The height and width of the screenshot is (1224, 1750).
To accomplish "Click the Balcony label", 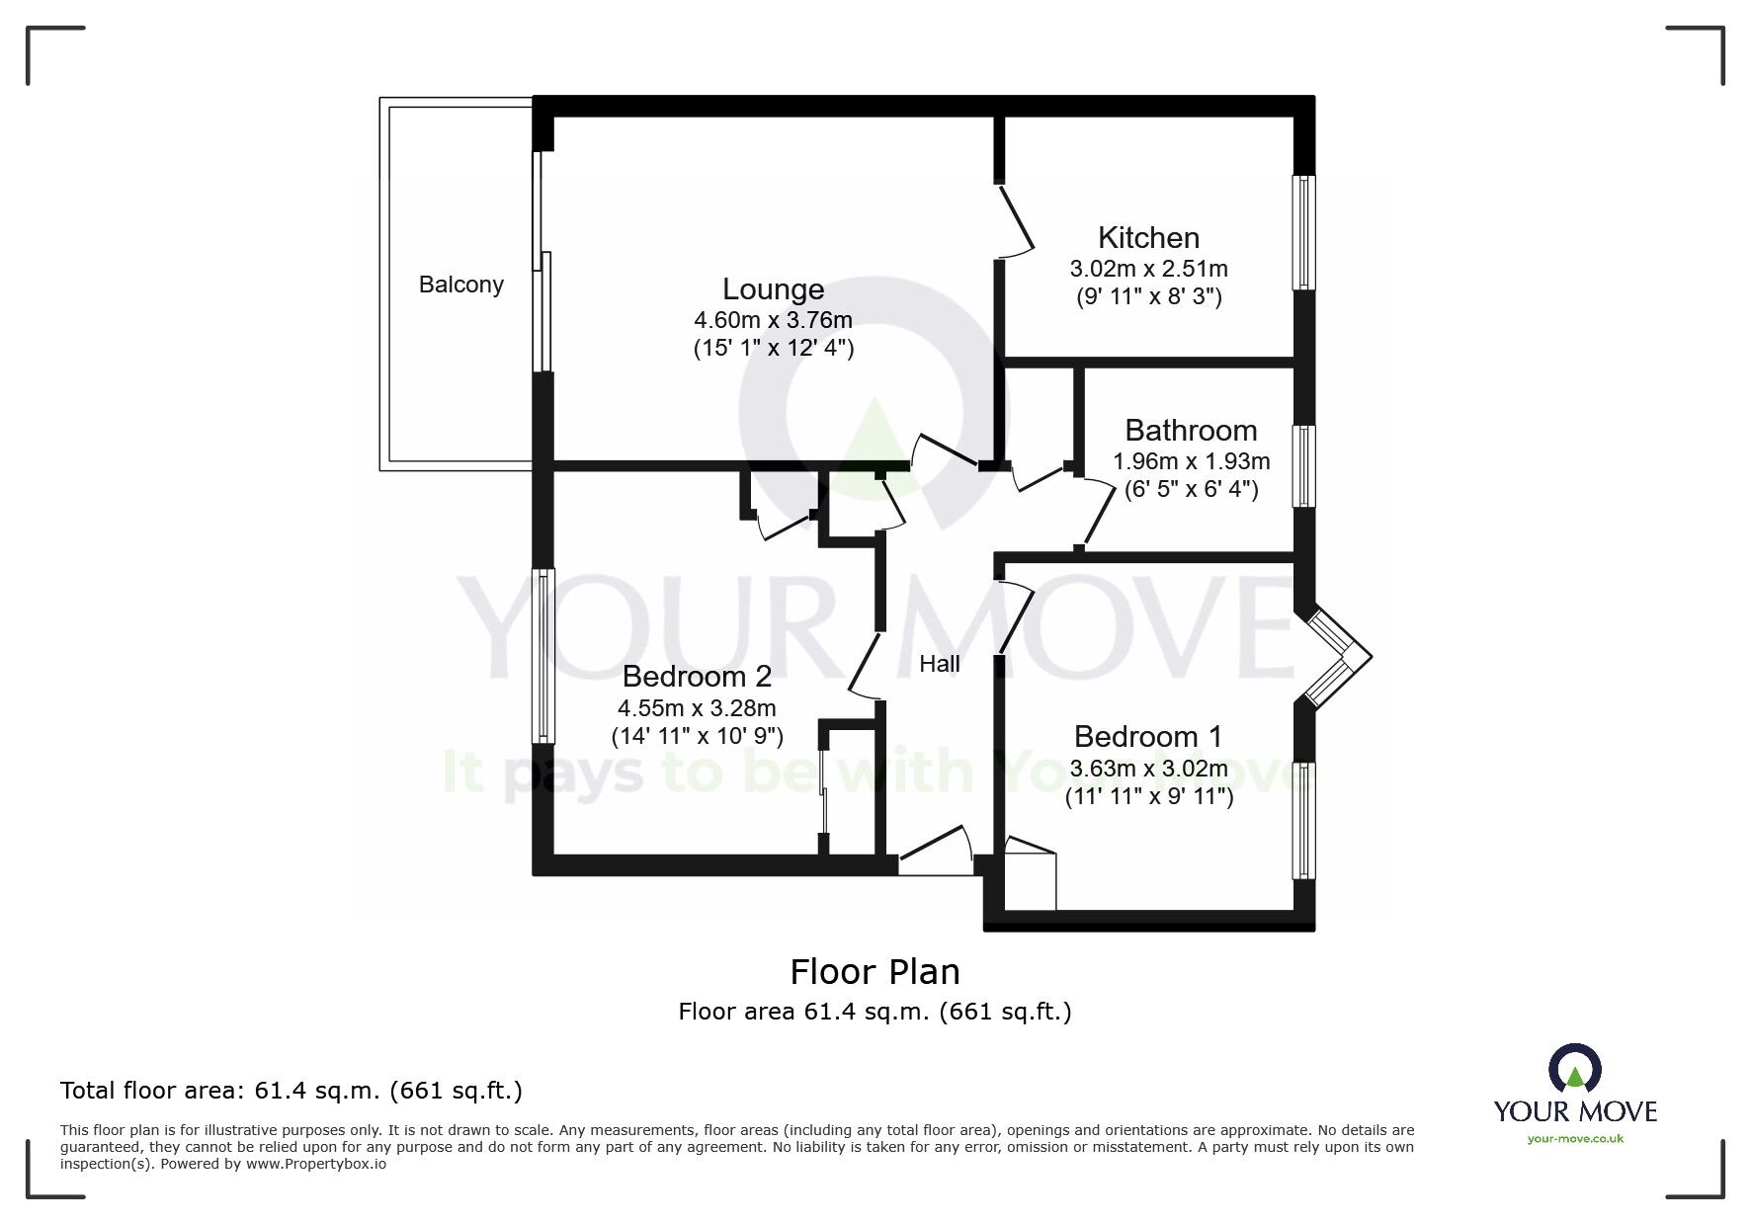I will [460, 285].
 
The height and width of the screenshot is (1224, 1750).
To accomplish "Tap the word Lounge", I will [773, 289].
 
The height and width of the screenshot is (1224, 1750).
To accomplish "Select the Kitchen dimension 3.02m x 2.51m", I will [1148, 269].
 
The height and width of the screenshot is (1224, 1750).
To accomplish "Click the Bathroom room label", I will [1191, 431].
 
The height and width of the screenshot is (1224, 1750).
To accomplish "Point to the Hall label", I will [939, 664].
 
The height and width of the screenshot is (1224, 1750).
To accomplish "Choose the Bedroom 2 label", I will [697, 677].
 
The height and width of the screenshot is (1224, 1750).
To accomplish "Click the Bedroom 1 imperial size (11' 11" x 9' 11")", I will [1148, 796].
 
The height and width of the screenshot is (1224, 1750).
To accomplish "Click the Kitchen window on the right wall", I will [1305, 233].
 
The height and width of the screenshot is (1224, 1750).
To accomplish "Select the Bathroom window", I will [1305, 466].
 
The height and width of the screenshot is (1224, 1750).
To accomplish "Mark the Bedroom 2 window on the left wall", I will [542, 656].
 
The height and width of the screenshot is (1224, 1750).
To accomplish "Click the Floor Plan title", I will [875, 972].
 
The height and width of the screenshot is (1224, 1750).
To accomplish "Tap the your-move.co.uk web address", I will [1575, 1139].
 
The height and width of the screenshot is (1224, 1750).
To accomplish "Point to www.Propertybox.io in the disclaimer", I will [315, 1164].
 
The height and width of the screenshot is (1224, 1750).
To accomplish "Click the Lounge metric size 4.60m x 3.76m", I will [773, 320].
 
